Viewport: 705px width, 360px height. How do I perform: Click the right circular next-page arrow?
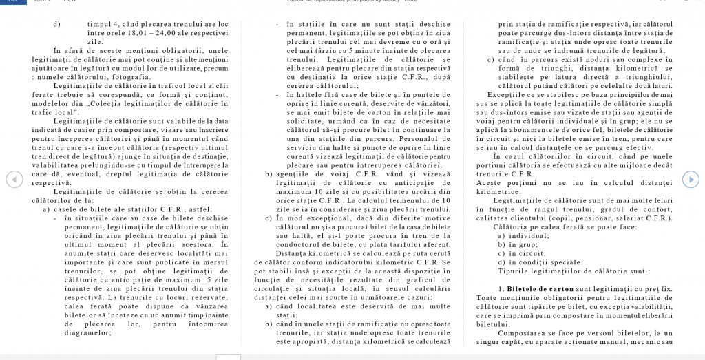(x=690, y=180)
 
